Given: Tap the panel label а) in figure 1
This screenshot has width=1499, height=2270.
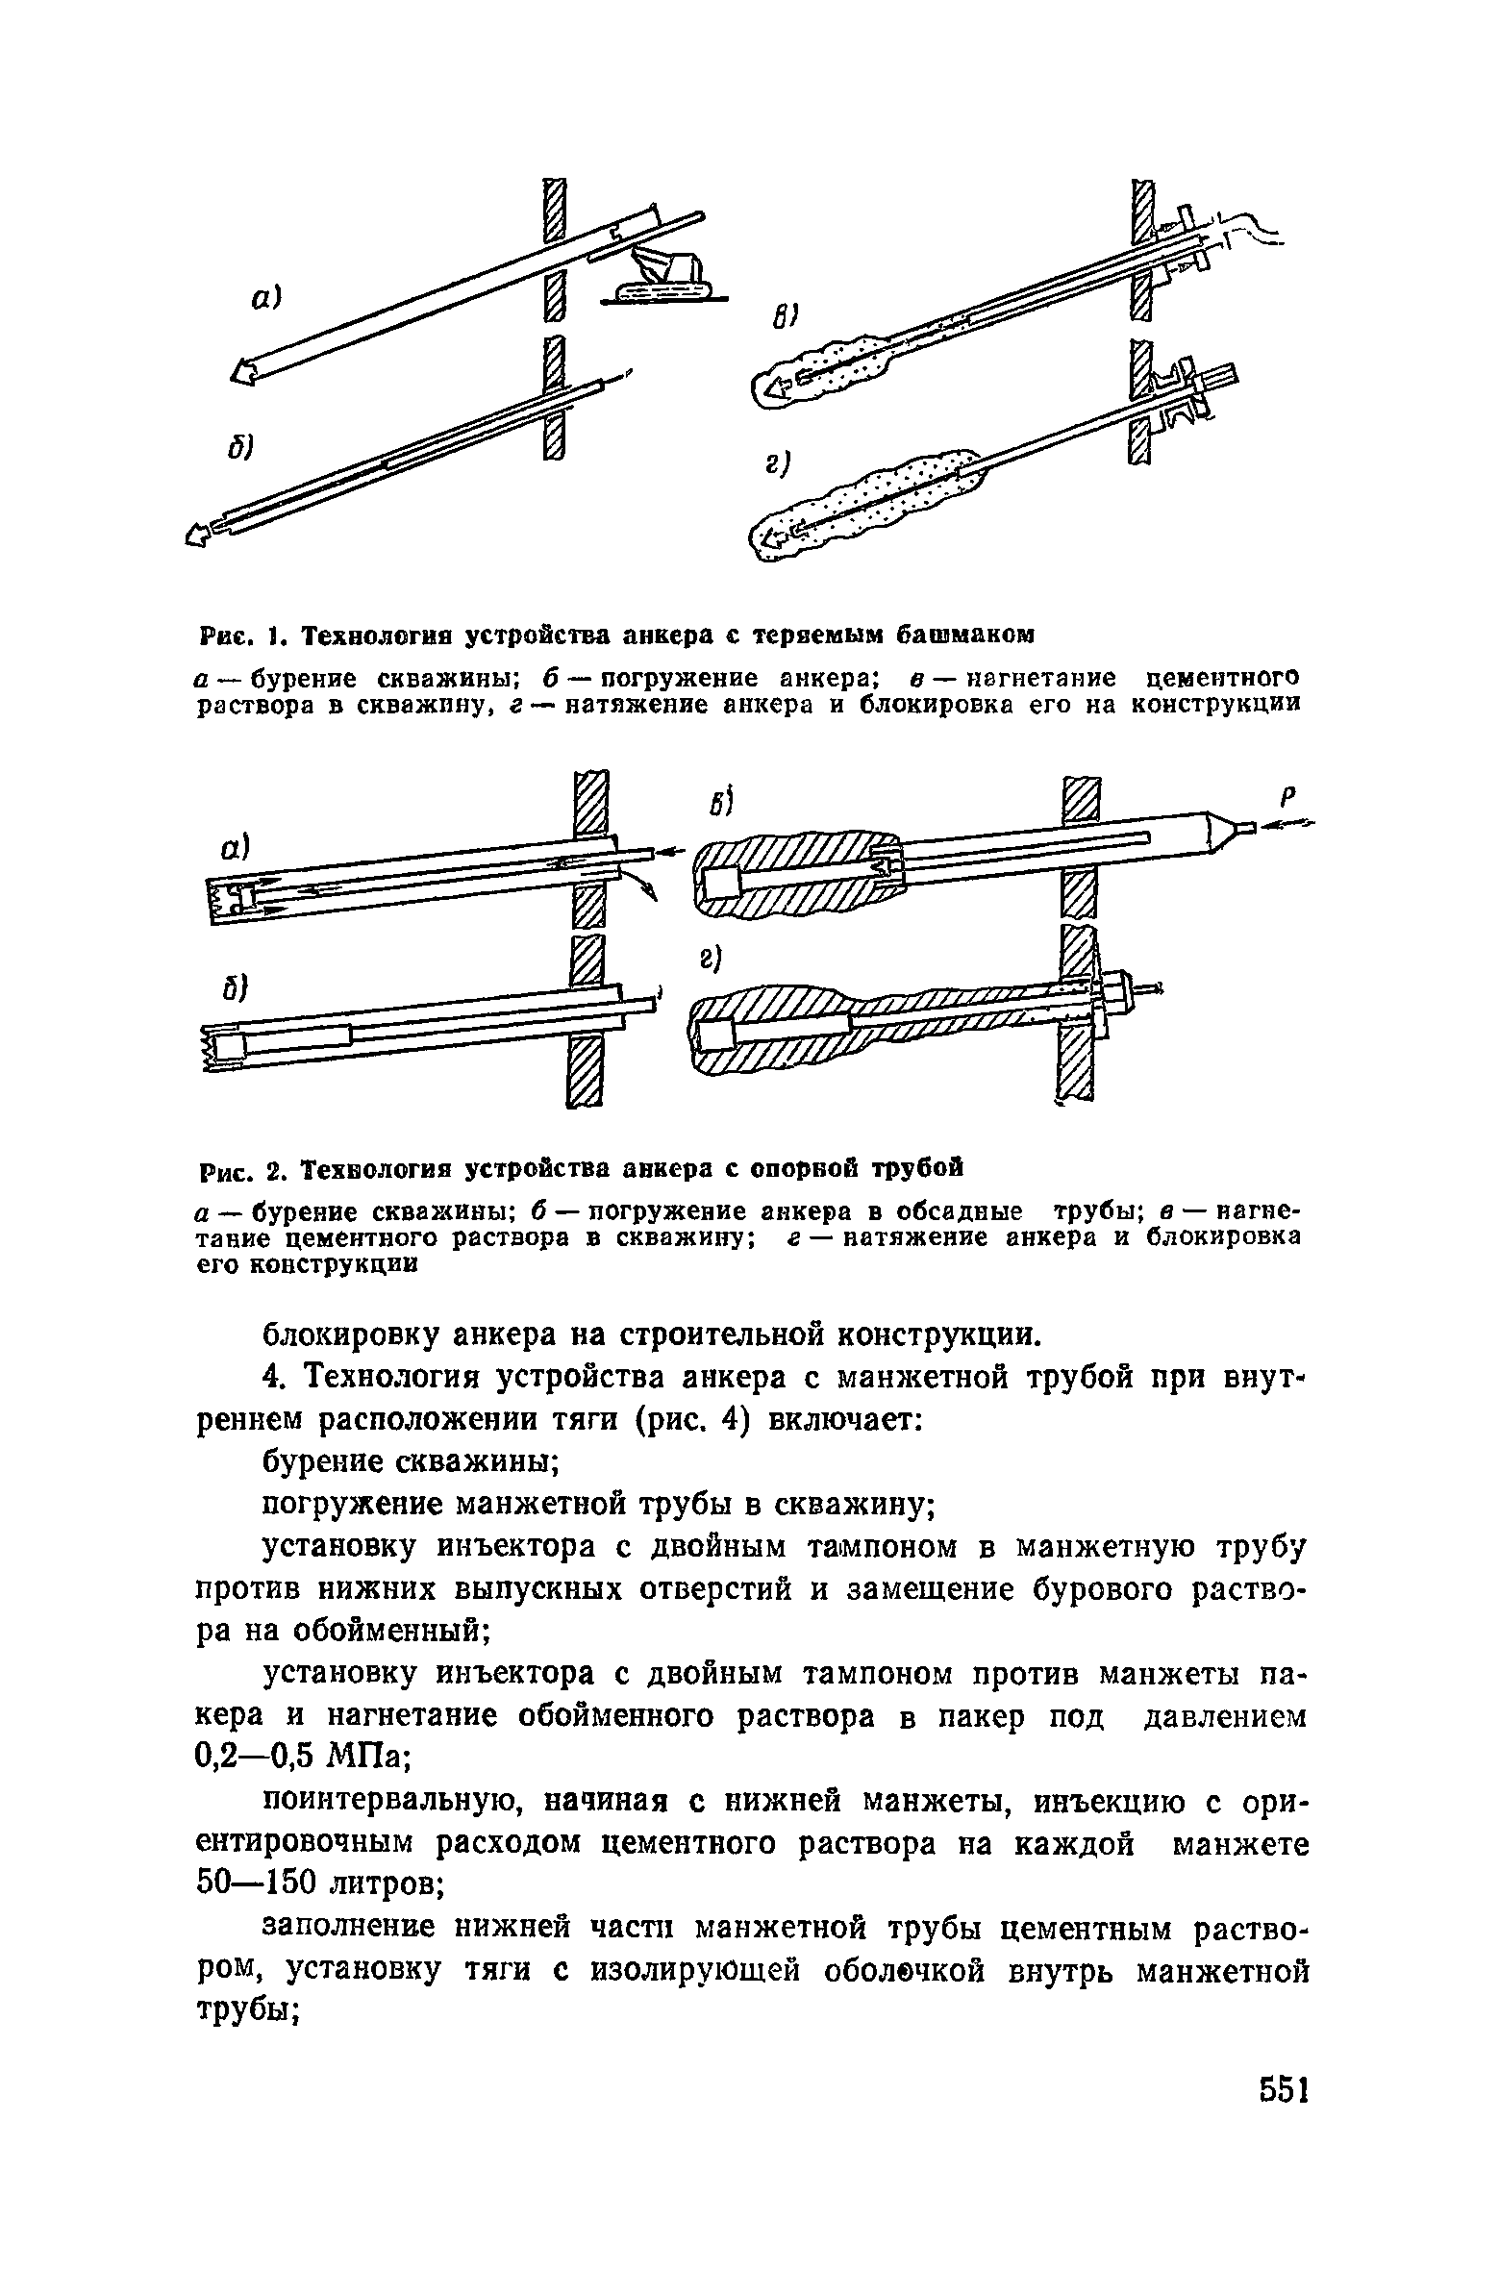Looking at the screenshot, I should click(x=264, y=300).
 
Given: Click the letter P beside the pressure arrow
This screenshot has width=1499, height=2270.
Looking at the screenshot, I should click(x=1288, y=797).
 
